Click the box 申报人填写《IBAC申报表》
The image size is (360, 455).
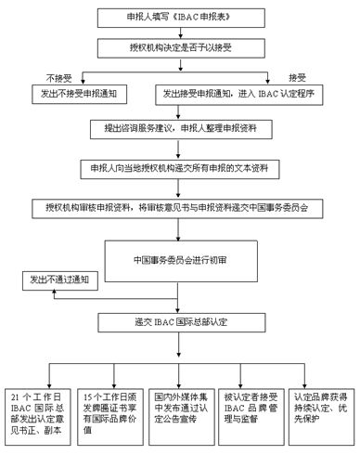pos(179,18)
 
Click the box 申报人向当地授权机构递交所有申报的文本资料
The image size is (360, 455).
pos(179,167)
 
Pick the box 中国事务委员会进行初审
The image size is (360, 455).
pos(180,259)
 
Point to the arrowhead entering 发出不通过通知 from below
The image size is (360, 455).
pos(53,291)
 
